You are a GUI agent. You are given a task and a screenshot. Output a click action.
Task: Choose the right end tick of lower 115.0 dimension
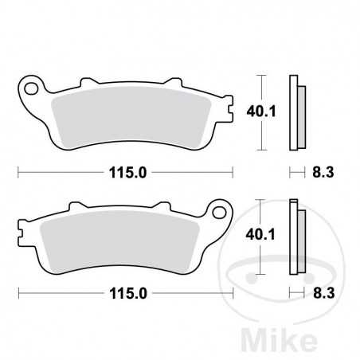click(x=233, y=293)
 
